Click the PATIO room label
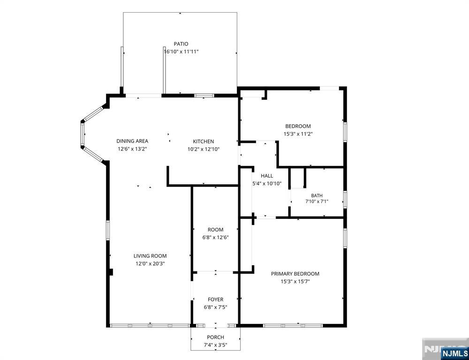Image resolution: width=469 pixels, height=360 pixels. click(181, 44)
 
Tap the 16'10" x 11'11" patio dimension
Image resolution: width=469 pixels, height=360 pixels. click(181, 52)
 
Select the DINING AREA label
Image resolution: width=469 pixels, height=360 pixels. click(132, 141)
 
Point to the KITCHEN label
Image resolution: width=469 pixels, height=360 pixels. click(204, 142)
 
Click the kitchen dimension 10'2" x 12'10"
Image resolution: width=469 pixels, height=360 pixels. click(204, 149)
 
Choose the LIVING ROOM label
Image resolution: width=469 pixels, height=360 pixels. click(150, 256)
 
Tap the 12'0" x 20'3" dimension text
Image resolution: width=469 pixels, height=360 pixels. click(150, 264)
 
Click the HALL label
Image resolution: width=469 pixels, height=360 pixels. click(267, 176)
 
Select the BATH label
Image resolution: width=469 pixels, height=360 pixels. click(317, 196)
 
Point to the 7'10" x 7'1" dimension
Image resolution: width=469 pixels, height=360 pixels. click(317, 202)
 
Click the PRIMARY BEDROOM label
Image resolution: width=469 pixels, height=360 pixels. click(295, 274)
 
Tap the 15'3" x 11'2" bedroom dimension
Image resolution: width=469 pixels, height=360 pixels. click(298, 134)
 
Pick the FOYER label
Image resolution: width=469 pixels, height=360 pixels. click(216, 300)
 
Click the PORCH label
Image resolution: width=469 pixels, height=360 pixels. click(216, 337)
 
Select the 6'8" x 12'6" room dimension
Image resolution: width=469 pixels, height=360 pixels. click(216, 237)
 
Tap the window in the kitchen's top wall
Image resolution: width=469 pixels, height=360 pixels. click(204, 96)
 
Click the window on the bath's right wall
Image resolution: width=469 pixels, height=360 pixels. click(345, 199)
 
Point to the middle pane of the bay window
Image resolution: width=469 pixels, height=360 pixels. click(82, 135)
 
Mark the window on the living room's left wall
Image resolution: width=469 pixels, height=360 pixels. click(108, 230)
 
